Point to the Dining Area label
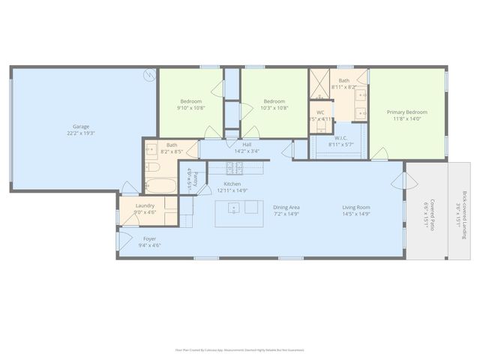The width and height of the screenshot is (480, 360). click(286, 207)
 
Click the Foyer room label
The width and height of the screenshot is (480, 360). click(150, 238)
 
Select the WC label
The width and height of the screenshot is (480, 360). click(320, 112)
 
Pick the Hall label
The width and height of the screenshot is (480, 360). click(247, 144)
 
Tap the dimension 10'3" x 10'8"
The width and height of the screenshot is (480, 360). click(274, 108)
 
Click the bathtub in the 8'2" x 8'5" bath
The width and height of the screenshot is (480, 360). click(160, 184)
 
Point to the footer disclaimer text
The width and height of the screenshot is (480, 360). click(240, 349)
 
